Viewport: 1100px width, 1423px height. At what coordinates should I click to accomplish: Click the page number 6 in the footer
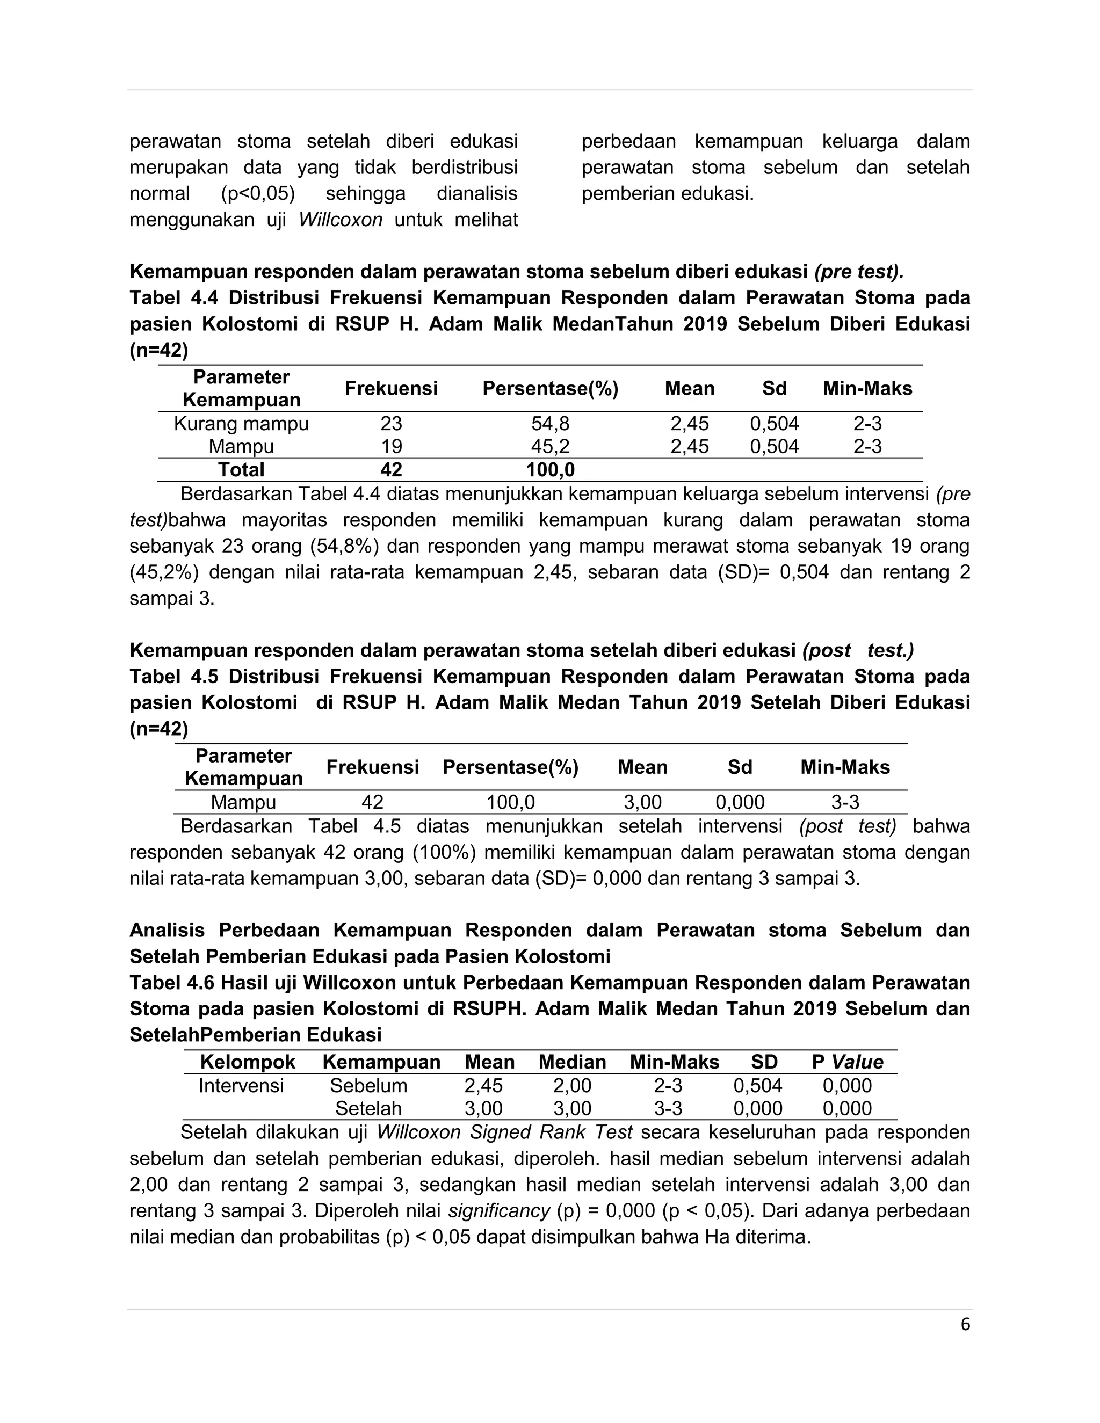(x=965, y=1325)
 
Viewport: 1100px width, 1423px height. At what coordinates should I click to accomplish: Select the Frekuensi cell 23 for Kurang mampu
(x=391, y=424)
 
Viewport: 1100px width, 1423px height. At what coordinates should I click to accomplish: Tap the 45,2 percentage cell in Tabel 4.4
(x=550, y=446)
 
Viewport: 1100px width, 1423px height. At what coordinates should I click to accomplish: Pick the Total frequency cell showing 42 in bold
(x=391, y=469)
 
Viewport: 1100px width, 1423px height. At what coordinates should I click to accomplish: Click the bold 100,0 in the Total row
(x=550, y=469)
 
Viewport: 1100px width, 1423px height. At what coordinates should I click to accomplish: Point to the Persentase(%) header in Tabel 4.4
(x=550, y=388)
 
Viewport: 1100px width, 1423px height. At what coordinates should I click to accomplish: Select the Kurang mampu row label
(x=241, y=424)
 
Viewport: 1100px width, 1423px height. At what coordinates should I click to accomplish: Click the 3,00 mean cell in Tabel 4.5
(x=642, y=802)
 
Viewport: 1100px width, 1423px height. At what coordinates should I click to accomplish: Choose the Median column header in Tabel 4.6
(x=572, y=1062)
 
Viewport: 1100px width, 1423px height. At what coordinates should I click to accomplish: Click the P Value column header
(x=847, y=1062)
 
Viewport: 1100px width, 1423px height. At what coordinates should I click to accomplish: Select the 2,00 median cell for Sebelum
(x=572, y=1085)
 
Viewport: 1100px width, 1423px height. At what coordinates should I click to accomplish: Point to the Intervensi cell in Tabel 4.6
(x=241, y=1085)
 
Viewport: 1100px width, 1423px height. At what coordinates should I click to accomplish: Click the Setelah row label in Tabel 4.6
(x=368, y=1108)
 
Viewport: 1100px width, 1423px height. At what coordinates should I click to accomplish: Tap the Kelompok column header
(x=248, y=1062)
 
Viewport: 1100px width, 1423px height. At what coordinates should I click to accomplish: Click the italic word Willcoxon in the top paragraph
(x=340, y=220)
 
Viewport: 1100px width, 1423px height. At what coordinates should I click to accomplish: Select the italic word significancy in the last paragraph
(x=499, y=1210)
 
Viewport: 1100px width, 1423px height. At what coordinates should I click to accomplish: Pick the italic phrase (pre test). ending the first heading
(x=859, y=272)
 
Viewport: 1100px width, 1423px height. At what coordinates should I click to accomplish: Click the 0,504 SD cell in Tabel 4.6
(x=757, y=1085)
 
